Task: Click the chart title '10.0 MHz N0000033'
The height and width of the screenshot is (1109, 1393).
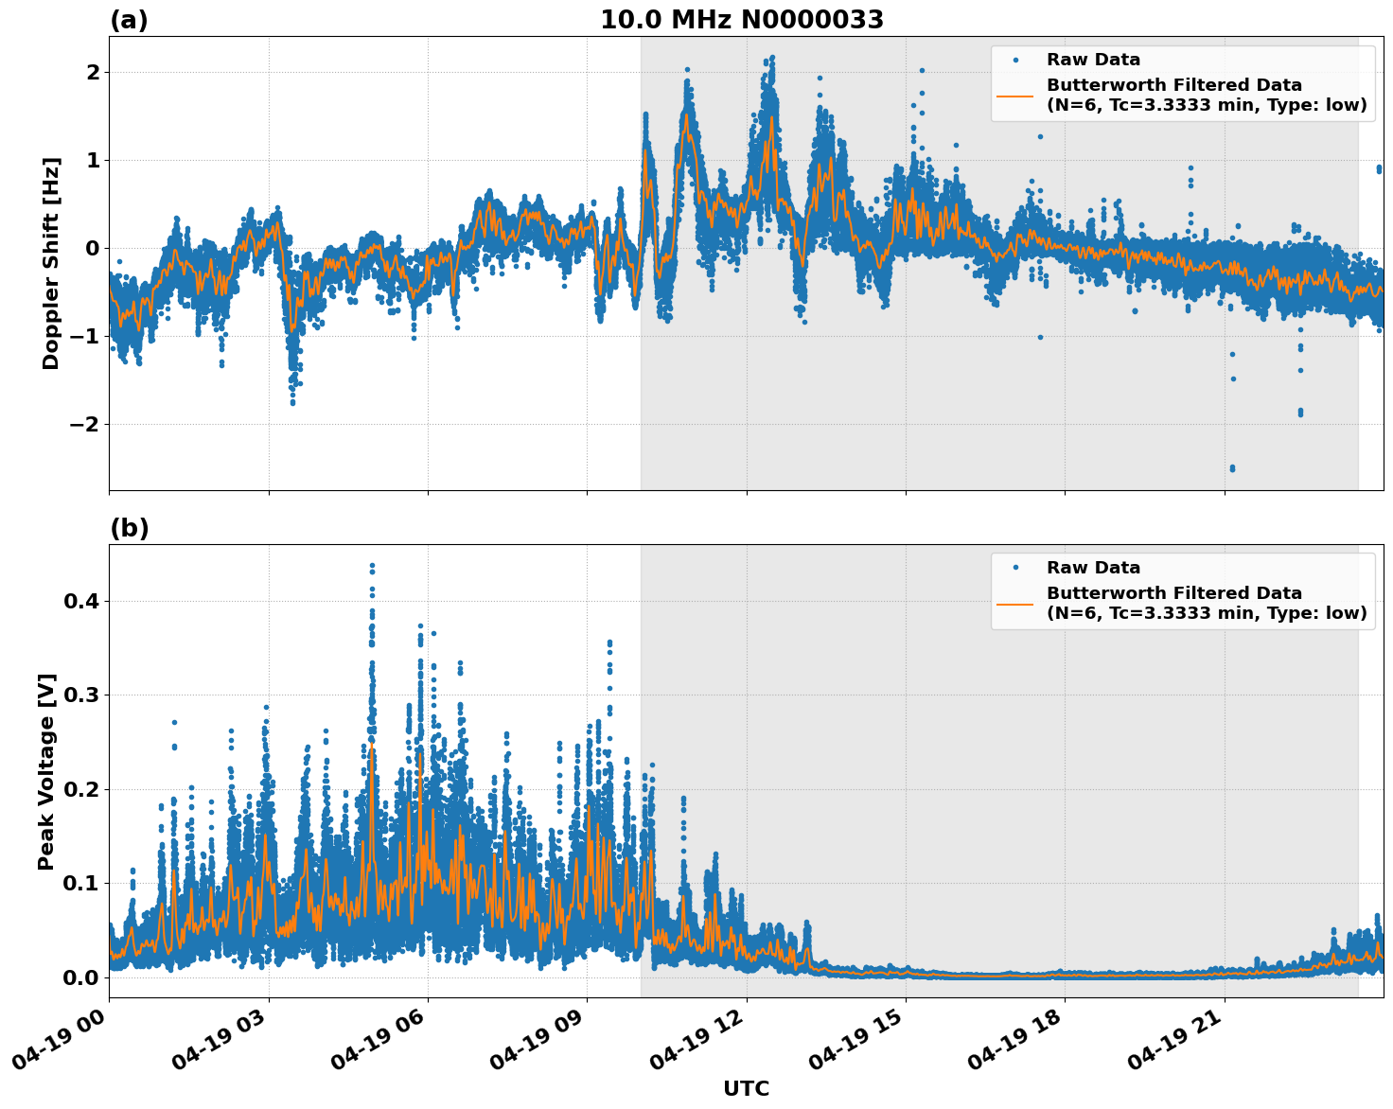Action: click(742, 20)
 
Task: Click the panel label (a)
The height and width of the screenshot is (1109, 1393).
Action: click(129, 20)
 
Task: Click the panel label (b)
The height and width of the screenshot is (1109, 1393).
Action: click(129, 528)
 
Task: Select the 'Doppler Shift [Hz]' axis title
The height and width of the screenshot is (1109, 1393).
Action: click(51, 263)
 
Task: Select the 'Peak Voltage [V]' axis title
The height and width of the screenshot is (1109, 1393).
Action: click(47, 771)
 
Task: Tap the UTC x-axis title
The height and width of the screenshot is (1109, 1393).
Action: click(746, 1088)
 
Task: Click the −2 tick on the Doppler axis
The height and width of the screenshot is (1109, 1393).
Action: click(84, 424)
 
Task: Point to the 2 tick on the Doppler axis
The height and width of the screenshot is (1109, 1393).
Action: click(93, 72)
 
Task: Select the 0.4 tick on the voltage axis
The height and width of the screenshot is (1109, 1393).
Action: click(81, 601)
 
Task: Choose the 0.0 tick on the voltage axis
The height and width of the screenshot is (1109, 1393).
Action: click(81, 977)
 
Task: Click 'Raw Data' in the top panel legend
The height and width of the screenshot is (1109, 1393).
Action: click(1093, 60)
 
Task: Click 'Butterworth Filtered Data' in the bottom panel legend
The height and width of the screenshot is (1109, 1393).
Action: click(1173, 593)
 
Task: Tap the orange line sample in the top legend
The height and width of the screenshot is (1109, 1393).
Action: click(1015, 96)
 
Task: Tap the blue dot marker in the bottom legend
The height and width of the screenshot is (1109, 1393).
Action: click(1015, 568)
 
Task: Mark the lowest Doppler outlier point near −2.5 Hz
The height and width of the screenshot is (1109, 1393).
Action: click(1231, 468)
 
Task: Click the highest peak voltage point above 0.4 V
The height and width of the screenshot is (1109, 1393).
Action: click(372, 566)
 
